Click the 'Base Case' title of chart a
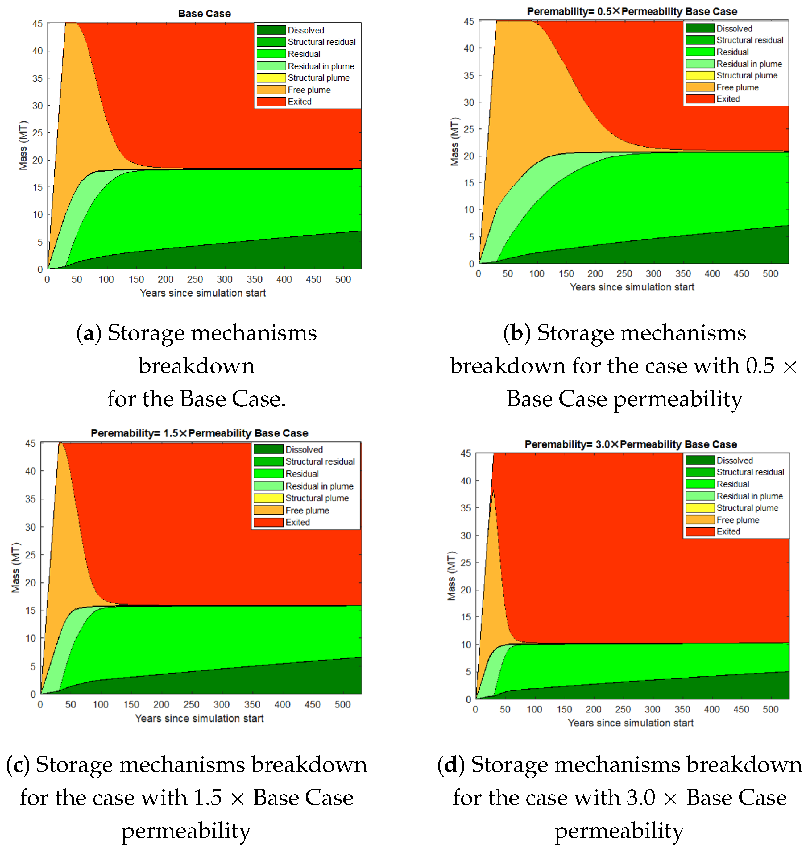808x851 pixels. [x=204, y=13]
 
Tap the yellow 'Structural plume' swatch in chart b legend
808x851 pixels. [x=700, y=75]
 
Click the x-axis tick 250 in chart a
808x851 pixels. [x=195, y=279]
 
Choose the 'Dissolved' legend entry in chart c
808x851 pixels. [x=304, y=449]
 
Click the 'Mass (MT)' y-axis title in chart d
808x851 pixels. [x=451, y=575]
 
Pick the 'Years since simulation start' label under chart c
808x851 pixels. [x=199, y=718]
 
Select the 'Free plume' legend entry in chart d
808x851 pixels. [x=737, y=520]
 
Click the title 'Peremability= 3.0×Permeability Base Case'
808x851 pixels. [x=631, y=444]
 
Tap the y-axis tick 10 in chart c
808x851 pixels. [x=30, y=638]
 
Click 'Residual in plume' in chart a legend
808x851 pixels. [x=321, y=66]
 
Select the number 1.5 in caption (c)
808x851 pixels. [x=208, y=797]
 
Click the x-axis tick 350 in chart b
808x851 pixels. [x=683, y=273]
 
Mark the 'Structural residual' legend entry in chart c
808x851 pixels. [x=320, y=461]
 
